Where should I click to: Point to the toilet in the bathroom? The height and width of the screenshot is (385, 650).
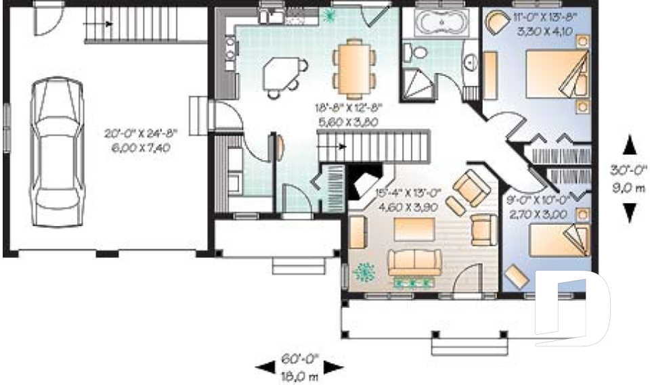[x=414, y=51]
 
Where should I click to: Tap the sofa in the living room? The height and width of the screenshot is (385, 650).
[x=414, y=263]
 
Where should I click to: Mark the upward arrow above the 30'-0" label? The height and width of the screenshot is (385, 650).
[x=630, y=145]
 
